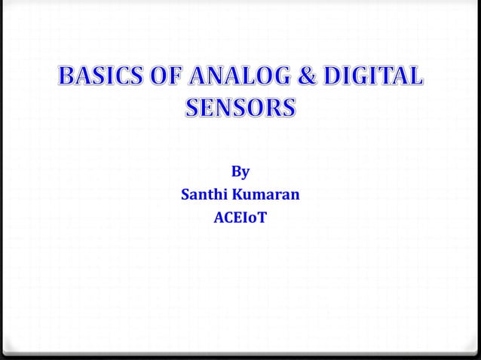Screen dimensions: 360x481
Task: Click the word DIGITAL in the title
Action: click(374, 78)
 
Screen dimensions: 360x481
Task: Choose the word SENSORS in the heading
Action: click(240, 108)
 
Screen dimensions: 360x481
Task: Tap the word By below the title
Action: click(240, 172)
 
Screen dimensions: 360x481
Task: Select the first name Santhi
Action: click(205, 195)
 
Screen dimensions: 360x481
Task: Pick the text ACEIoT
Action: click(240, 219)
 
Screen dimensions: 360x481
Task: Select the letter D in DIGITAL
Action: click(335, 78)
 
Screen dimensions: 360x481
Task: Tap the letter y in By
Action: click(245, 173)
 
